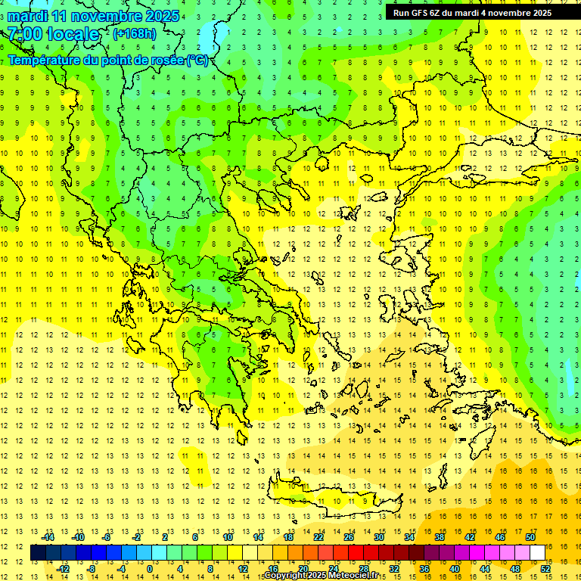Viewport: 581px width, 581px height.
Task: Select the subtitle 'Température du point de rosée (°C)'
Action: (x=107, y=60)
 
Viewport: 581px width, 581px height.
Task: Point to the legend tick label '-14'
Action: (x=48, y=537)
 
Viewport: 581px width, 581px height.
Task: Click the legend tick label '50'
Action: (x=530, y=537)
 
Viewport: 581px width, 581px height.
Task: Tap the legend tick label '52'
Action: (x=545, y=568)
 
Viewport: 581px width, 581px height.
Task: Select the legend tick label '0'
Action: (x=150, y=568)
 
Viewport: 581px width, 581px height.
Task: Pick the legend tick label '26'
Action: (x=349, y=537)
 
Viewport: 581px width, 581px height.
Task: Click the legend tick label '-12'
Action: (x=63, y=568)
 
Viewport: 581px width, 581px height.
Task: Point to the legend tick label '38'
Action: (x=439, y=537)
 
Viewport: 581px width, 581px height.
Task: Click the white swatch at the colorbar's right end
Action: (x=537, y=552)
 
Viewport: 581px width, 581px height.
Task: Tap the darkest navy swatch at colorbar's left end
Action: (x=38, y=552)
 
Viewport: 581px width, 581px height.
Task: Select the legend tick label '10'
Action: (x=228, y=537)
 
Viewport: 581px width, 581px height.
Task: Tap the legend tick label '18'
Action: (x=288, y=537)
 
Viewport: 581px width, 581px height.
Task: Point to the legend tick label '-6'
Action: (x=107, y=537)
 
